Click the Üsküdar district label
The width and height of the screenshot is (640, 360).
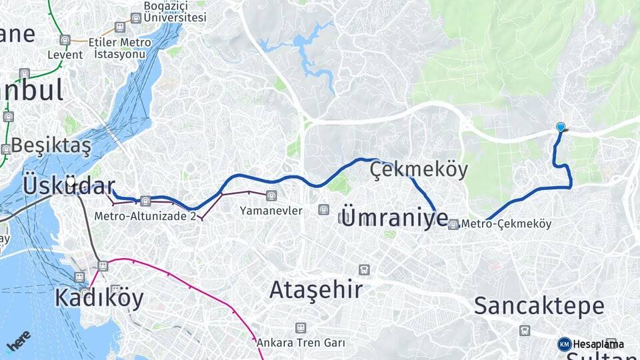pos(69,185)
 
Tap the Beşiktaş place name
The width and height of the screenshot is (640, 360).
pos(51,144)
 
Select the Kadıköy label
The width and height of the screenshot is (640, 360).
pos(99,297)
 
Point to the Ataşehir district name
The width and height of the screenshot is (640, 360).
pos(316,289)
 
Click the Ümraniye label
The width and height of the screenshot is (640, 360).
pos(394,217)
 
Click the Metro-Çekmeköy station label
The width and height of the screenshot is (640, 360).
pos(506,224)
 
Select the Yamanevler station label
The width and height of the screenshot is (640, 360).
pos(271,211)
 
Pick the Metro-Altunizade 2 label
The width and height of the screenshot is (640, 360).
pos(145,216)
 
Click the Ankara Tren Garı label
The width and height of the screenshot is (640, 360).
pos(301,343)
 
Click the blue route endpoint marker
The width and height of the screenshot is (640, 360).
pos(561,127)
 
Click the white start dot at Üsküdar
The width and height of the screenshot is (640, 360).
pos(71,180)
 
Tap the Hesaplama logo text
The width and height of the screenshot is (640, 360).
pos(599,344)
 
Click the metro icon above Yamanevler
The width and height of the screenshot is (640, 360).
pos(271,196)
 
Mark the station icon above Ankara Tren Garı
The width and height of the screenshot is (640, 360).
pos(301,327)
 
